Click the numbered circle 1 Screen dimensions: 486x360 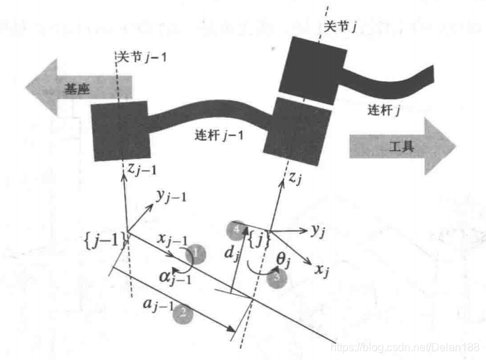click(x=199, y=255)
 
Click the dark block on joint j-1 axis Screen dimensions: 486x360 click(x=120, y=129)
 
